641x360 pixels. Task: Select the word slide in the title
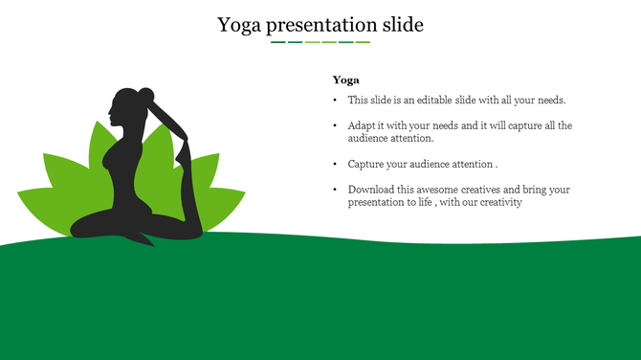[x=399, y=25]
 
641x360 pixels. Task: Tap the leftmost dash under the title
[x=277, y=42]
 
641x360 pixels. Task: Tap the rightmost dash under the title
[x=363, y=42]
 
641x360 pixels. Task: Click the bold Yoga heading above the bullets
[x=345, y=80]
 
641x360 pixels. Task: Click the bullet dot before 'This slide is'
[x=335, y=101]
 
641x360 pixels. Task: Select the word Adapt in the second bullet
[x=362, y=125]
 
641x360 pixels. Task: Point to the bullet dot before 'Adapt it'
[x=335, y=126]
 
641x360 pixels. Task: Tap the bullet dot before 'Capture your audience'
[x=335, y=165]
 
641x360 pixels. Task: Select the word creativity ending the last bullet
[x=498, y=202]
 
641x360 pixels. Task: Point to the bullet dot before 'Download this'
[x=335, y=191]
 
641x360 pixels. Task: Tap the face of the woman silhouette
[x=115, y=112]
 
